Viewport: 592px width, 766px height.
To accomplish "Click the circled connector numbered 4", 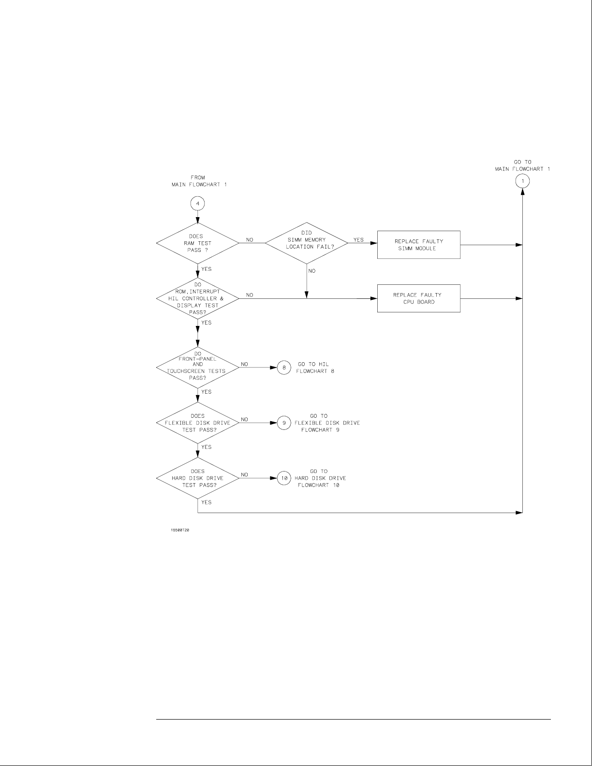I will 197,204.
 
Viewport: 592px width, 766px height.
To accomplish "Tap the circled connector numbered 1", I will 523,181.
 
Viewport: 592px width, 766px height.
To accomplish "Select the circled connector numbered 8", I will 284,368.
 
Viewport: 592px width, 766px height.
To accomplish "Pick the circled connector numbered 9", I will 284,423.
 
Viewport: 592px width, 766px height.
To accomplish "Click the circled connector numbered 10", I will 284,478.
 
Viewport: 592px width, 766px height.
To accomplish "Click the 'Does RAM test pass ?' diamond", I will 197,243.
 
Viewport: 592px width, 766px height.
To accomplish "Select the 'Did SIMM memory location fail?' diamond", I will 307,240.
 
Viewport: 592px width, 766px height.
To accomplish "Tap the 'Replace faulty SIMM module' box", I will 418,245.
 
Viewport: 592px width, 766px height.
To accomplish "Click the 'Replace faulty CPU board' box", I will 418,298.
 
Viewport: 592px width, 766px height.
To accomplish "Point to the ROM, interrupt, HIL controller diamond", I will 197,298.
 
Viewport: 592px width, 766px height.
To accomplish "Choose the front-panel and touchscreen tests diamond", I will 197,368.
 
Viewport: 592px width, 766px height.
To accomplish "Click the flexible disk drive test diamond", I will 197,423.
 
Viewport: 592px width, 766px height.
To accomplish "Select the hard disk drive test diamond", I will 197,478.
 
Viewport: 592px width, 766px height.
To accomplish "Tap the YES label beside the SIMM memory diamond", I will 358,240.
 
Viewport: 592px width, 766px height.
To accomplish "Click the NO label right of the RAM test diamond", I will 250,240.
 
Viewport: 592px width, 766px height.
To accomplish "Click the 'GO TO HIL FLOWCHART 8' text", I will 316,368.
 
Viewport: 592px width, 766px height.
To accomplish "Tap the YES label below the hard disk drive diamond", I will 206,502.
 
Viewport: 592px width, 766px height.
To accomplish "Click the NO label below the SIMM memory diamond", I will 311,271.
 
